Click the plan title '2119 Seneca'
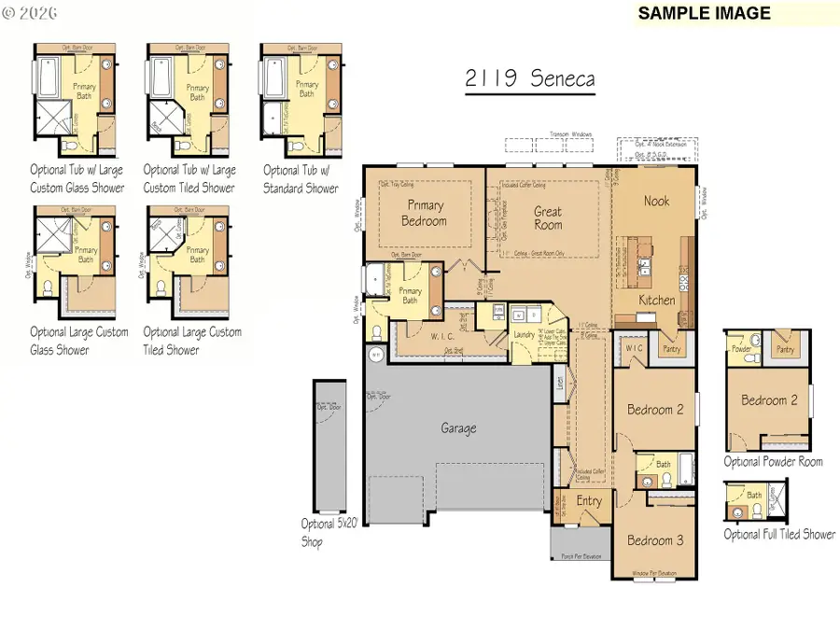(x=529, y=78)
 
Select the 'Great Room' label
(x=548, y=217)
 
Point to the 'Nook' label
(x=656, y=201)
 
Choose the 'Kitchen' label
(x=656, y=301)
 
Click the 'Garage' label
(x=458, y=428)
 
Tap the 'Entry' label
(x=589, y=502)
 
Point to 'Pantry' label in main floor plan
(x=671, y=349)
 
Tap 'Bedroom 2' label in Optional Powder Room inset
(x=770, y=400)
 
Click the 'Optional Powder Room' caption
(x=773, y=462)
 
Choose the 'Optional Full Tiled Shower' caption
(x=778, y=534)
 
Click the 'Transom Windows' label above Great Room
(x=570, y=133)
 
